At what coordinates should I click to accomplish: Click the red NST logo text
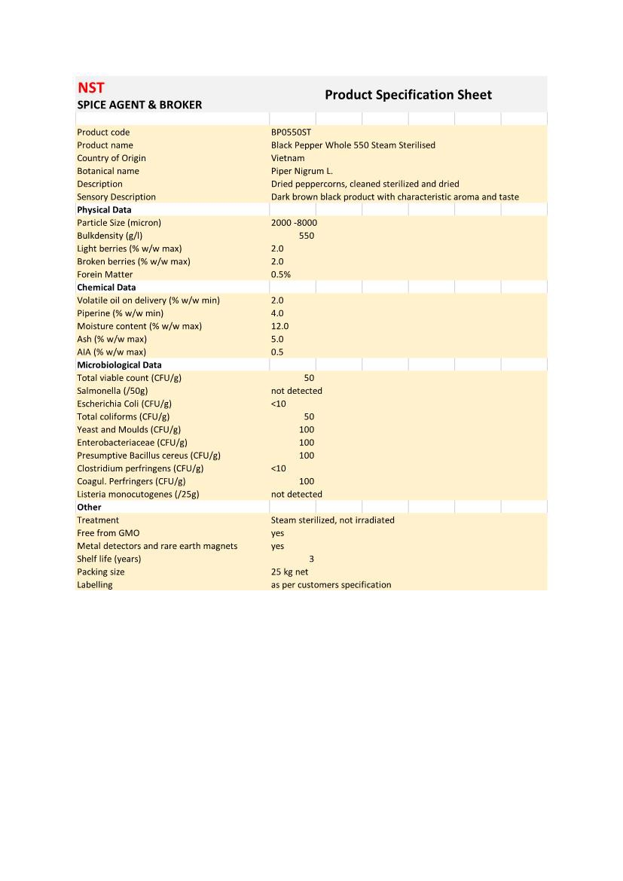(90, 87)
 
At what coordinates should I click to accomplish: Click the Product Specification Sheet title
(408, 95)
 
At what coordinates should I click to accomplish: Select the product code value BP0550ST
(291, 132)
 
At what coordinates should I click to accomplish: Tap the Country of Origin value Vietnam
(288, 158)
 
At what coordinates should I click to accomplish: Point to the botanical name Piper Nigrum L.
(301, 171)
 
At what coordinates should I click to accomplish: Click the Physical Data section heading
(104, 210)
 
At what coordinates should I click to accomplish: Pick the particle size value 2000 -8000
(294, 223)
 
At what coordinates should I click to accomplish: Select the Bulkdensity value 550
(306, 236)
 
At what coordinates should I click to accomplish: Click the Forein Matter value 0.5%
(280, 275)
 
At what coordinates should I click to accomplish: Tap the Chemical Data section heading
(106, 288)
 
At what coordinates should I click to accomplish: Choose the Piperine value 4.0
(277, 313)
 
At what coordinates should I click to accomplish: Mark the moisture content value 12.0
(279, 326)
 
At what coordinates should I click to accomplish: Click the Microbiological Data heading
(119, 365)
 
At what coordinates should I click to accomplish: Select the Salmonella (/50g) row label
(112, 391)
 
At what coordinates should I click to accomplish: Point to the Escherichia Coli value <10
(278, 404)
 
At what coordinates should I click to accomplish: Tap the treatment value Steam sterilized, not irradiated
(332, 520)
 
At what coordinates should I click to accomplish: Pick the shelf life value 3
(311, 559)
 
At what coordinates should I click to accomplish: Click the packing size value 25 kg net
(289, 572)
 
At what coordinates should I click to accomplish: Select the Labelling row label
(94, 585)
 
